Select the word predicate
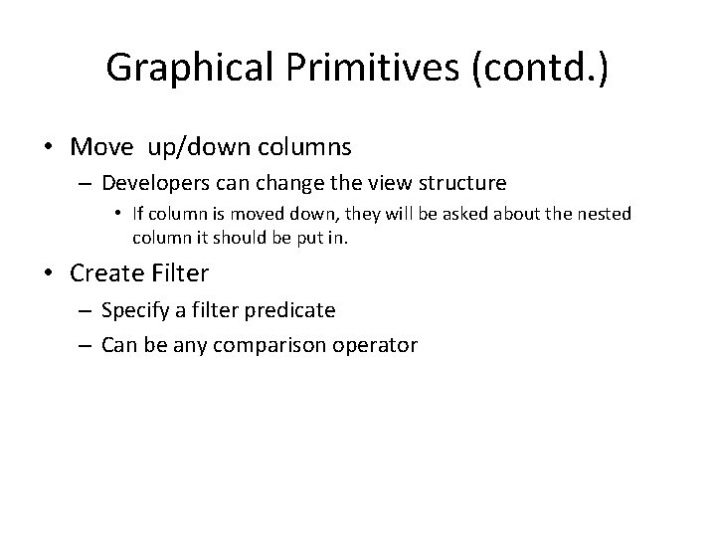point(296,310)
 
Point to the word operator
point(378,345)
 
